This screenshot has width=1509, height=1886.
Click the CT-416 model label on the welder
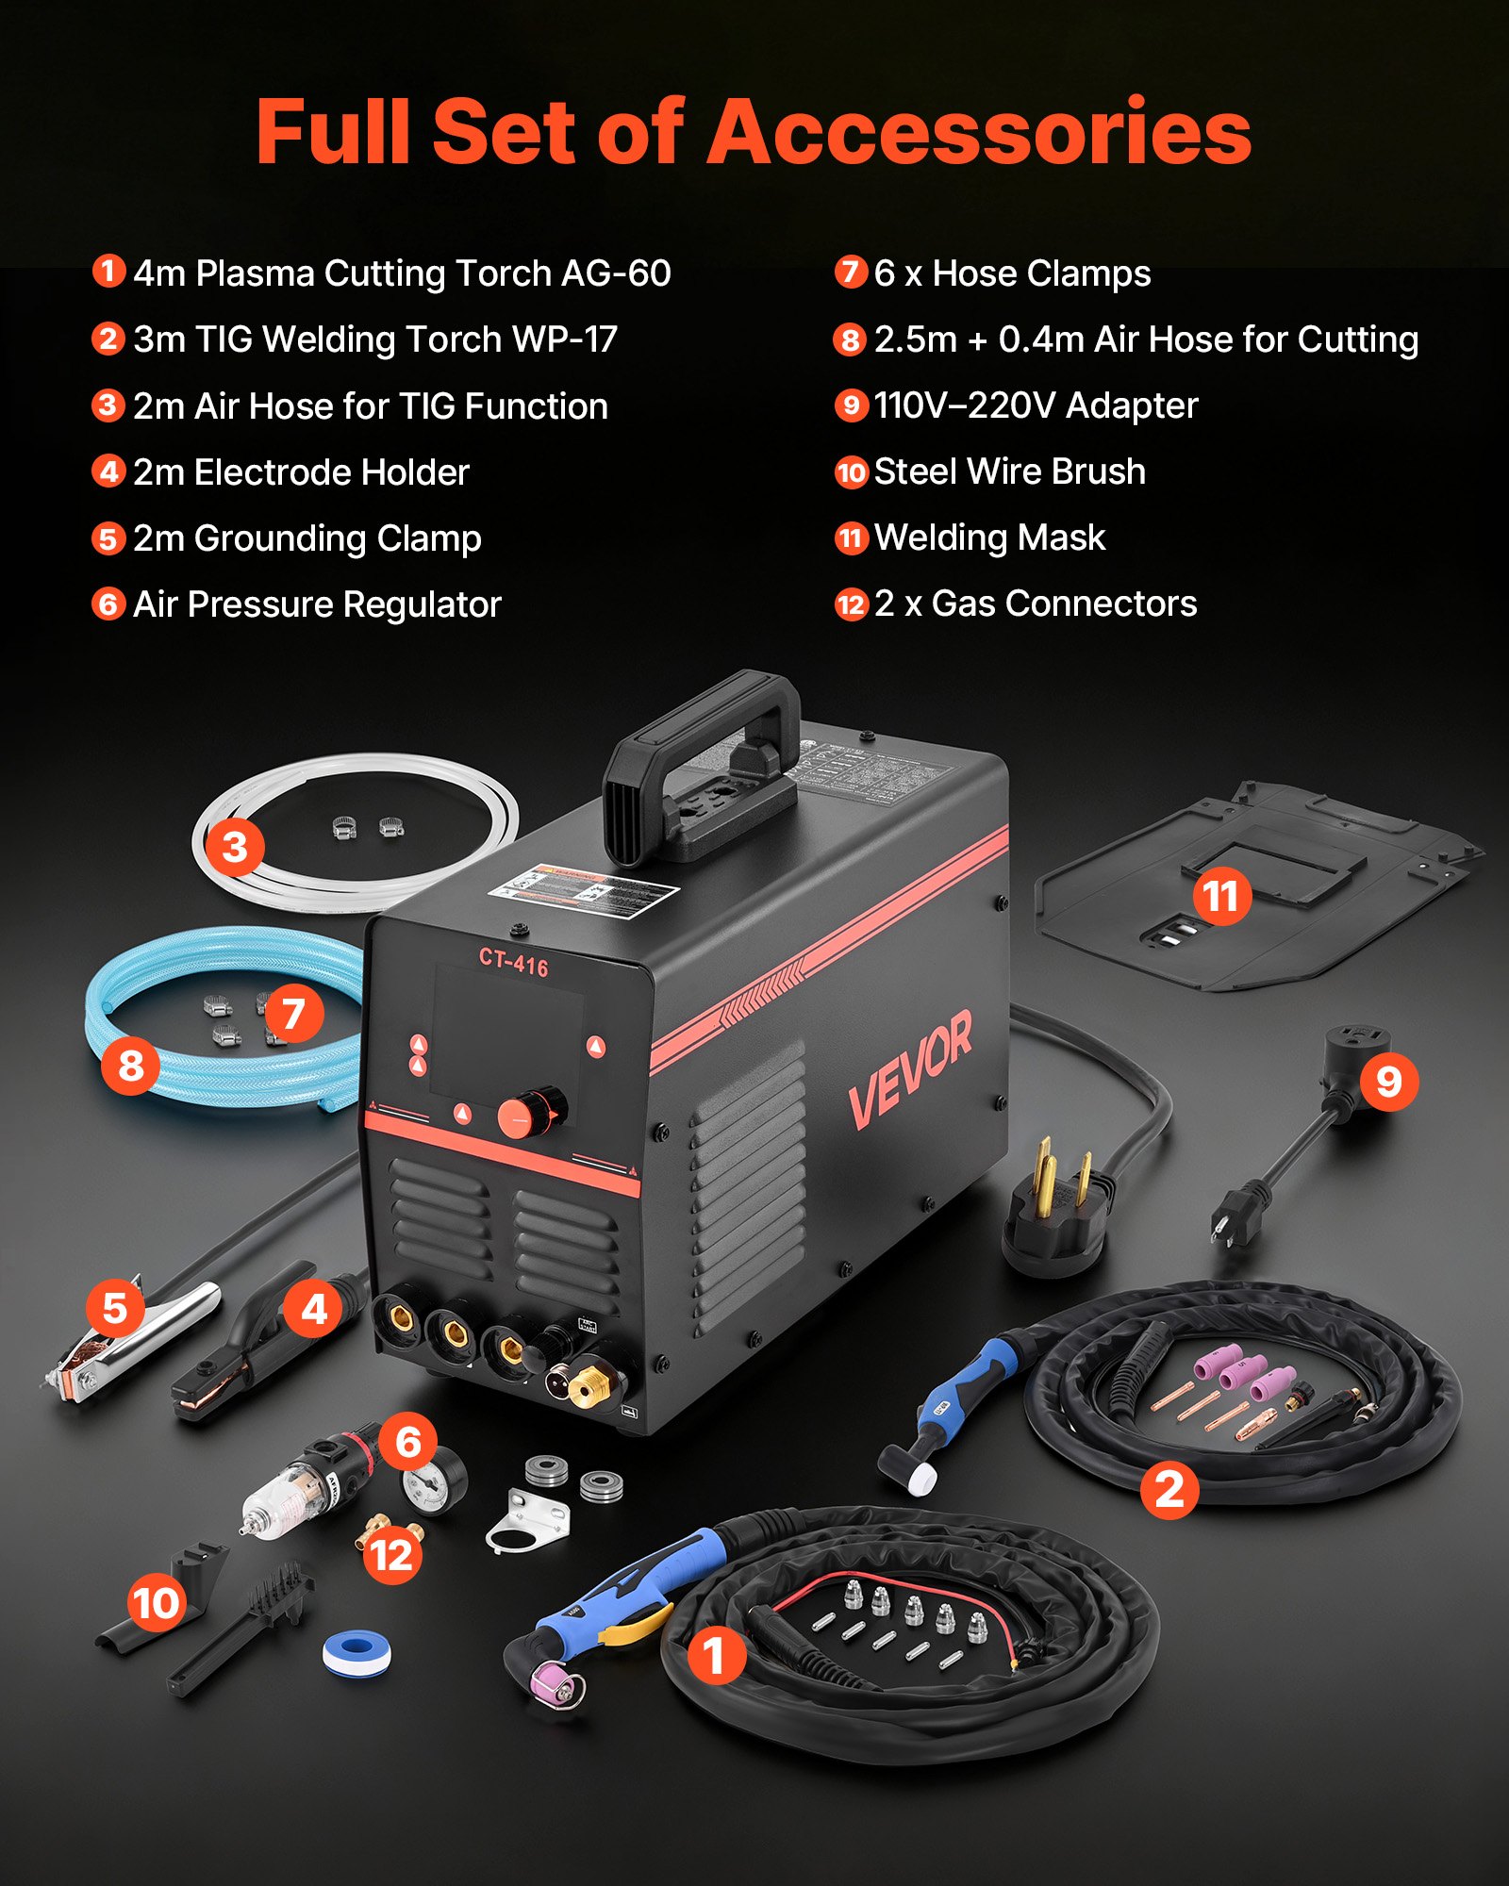tap(513, 961)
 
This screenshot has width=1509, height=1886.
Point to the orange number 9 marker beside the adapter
tap(1387, 1082)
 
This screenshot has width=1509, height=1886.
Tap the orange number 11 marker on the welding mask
tap(1220, 896)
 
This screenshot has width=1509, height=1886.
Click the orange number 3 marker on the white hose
tap(235, 846)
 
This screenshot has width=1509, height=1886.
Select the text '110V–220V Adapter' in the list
tap(1035, 405)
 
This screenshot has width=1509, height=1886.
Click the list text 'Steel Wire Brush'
tap(1009, 471)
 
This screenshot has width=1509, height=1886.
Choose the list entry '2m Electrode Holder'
tap(301, 472)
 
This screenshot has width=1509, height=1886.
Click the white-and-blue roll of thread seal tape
tap(357, 1651)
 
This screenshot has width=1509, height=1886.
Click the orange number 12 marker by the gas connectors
tap(391, 1555)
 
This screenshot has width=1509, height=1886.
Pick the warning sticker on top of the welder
tap(586, 887)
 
